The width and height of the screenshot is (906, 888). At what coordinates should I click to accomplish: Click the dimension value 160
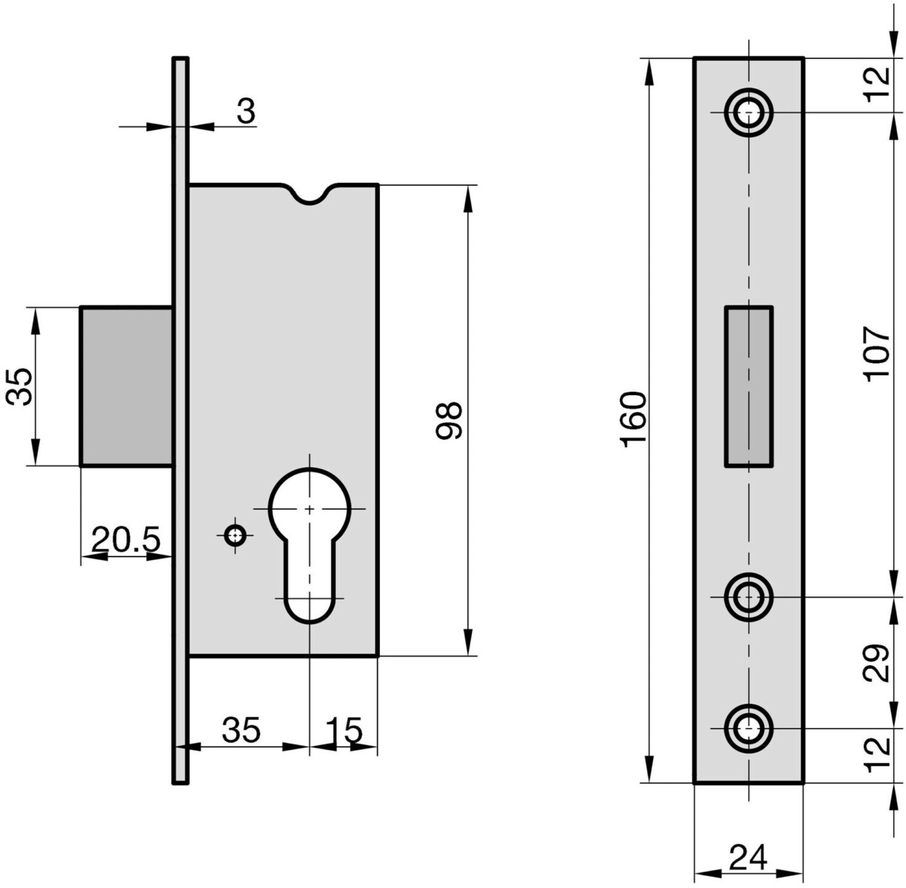633,419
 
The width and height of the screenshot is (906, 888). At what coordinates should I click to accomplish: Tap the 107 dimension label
876,354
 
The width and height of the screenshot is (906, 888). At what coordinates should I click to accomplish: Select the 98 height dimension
448,420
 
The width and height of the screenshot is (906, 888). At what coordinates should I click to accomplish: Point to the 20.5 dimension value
126,539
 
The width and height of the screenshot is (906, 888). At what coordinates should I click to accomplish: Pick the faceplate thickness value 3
246,111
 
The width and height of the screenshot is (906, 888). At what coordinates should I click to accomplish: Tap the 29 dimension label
876,663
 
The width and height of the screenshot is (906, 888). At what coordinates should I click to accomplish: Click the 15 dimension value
344,730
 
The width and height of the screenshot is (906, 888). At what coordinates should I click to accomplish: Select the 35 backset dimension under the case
241,730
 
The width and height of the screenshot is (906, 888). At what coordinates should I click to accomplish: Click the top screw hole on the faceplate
748,112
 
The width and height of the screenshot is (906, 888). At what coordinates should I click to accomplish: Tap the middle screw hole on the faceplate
748,597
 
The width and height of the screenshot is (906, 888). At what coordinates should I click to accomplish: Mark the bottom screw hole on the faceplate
748,729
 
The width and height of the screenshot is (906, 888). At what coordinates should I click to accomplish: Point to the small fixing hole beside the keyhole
234,535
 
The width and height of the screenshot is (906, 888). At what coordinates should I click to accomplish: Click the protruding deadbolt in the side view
126,386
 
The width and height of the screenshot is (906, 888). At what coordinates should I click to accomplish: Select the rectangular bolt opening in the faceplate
748,386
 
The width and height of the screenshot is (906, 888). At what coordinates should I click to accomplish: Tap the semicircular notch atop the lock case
310,193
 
